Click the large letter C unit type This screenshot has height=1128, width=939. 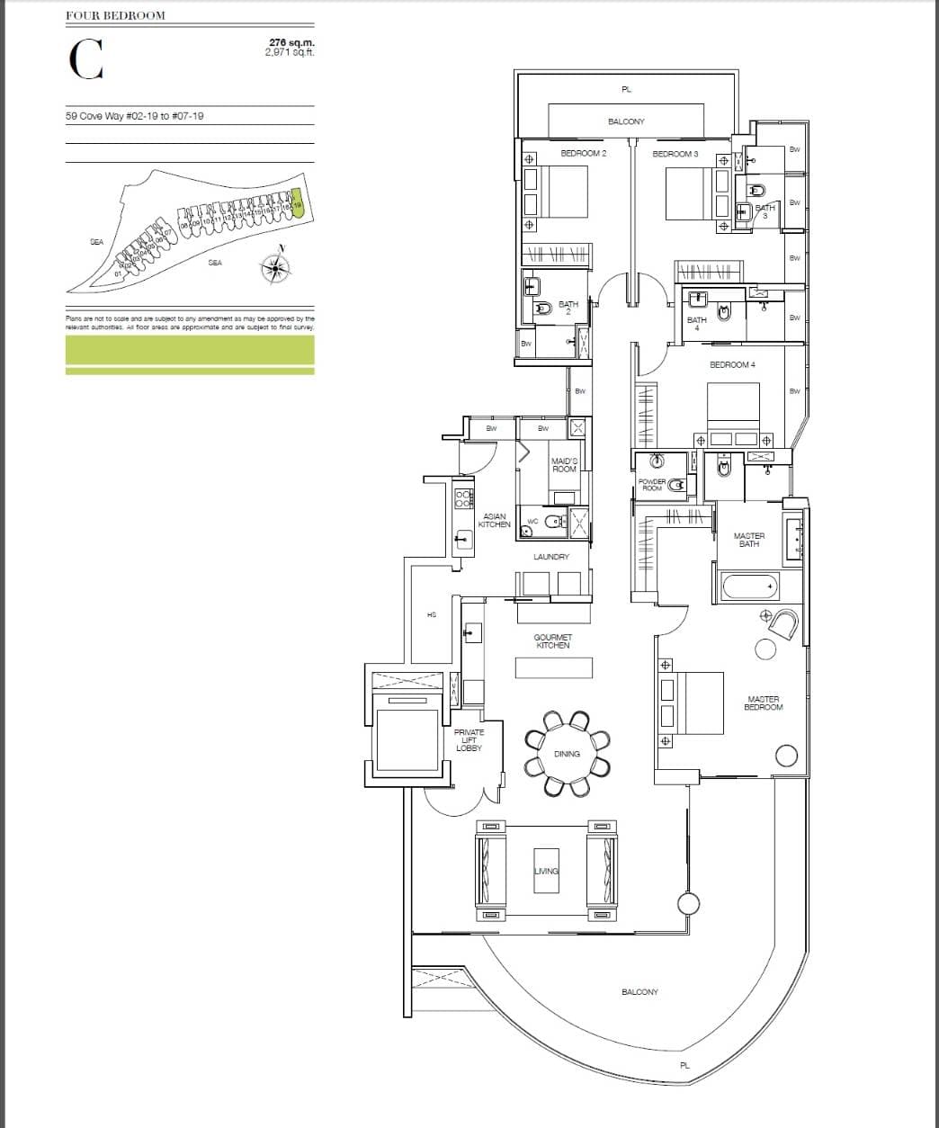pos(85,59)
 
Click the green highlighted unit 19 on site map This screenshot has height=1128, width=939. pos(299,205)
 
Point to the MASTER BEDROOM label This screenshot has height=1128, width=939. pos(764,703)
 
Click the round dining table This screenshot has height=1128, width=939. pos(567,753)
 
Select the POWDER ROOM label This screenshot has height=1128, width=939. pos(652,485)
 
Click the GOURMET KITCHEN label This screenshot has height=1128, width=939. pos(552,640)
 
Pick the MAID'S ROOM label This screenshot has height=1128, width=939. pos(564,464)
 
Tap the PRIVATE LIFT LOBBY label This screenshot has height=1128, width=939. pos(469,740)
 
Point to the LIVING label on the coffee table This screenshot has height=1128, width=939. pos(546,871)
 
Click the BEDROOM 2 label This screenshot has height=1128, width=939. pos(583,154)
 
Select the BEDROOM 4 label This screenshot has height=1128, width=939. pos(732,364)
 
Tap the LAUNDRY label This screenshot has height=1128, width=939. pos(550,557)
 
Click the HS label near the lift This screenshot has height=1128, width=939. pos(432,614)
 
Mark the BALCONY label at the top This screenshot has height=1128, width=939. pos(626,121)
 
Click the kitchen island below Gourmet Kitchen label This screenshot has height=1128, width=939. pos(553,667)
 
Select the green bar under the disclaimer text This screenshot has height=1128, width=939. pos(190,351)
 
